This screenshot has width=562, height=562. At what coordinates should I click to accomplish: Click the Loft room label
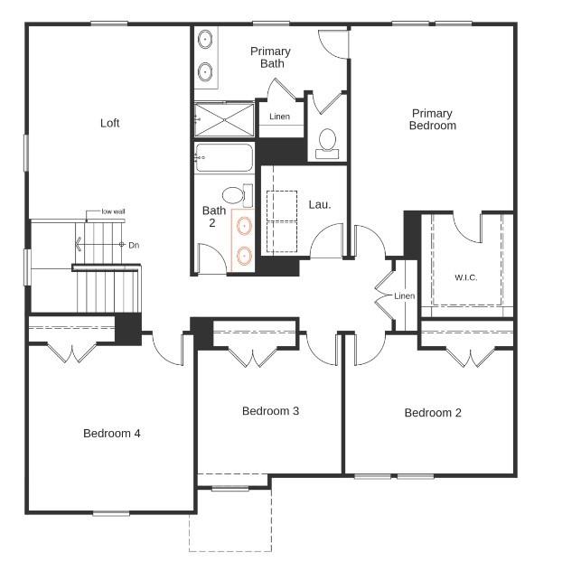(x=109, y=123)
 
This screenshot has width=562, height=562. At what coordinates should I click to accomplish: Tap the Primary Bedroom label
(x=432, y=119)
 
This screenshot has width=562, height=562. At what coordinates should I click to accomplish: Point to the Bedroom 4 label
(x=112, y=433)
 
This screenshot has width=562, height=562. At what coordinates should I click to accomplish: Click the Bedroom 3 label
(x=270, y=411)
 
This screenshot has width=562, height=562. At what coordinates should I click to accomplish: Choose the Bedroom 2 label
(x=433, y=413)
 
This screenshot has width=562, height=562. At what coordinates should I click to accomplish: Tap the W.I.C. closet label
(x=465, y=277)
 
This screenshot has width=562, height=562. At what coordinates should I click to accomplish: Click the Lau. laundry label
(x=320, y=204)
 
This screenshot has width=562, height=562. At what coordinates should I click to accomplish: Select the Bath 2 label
(x=214, y=217)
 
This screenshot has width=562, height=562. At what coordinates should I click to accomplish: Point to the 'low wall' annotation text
(x=113, y=211)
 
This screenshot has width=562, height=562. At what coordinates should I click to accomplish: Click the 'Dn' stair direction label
(x=134, y=245)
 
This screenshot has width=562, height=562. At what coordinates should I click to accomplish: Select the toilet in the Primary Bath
(x=327, y=142)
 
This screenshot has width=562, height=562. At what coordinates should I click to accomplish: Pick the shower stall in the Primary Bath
(x=224, y=117)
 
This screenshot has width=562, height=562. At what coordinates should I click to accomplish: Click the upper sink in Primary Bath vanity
(x=205, y=40)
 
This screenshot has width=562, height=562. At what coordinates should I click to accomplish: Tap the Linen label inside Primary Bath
(x=280, y=117)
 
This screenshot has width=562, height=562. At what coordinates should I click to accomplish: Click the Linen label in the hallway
(x=404, y=296)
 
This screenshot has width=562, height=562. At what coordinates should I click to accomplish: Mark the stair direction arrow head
(x=80, y=244)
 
